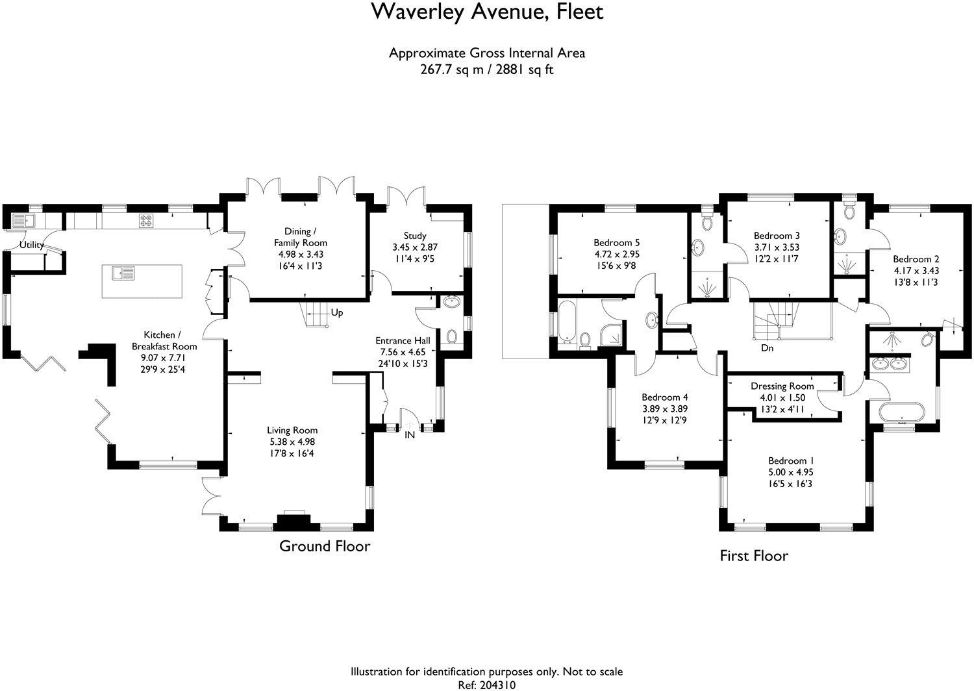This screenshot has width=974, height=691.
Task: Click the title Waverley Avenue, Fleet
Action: click(487, 12)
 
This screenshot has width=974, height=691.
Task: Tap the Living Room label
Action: click(292, 430)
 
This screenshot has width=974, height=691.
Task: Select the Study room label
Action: click(414, 236)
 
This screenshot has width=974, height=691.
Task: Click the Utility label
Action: click(31, 245)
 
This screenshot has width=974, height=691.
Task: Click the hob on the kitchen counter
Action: click(145, 221)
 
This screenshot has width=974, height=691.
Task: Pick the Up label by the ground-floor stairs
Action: click(337, 313)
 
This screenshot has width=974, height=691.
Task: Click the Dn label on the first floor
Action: click(768, 348)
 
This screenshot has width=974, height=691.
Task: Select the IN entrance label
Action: click(410, 435)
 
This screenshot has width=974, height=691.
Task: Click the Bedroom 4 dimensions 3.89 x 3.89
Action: click(664, 409)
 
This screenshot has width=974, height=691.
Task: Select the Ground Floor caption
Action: click(325, 546)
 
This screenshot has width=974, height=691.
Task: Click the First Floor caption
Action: click(754, 556)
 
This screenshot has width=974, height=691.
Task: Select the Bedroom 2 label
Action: click(915, 259)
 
